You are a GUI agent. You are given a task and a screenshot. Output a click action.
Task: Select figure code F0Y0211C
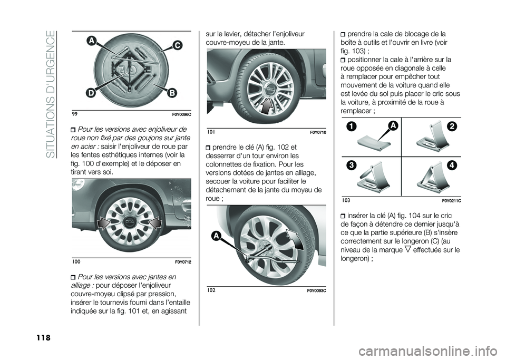coord(450,201)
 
